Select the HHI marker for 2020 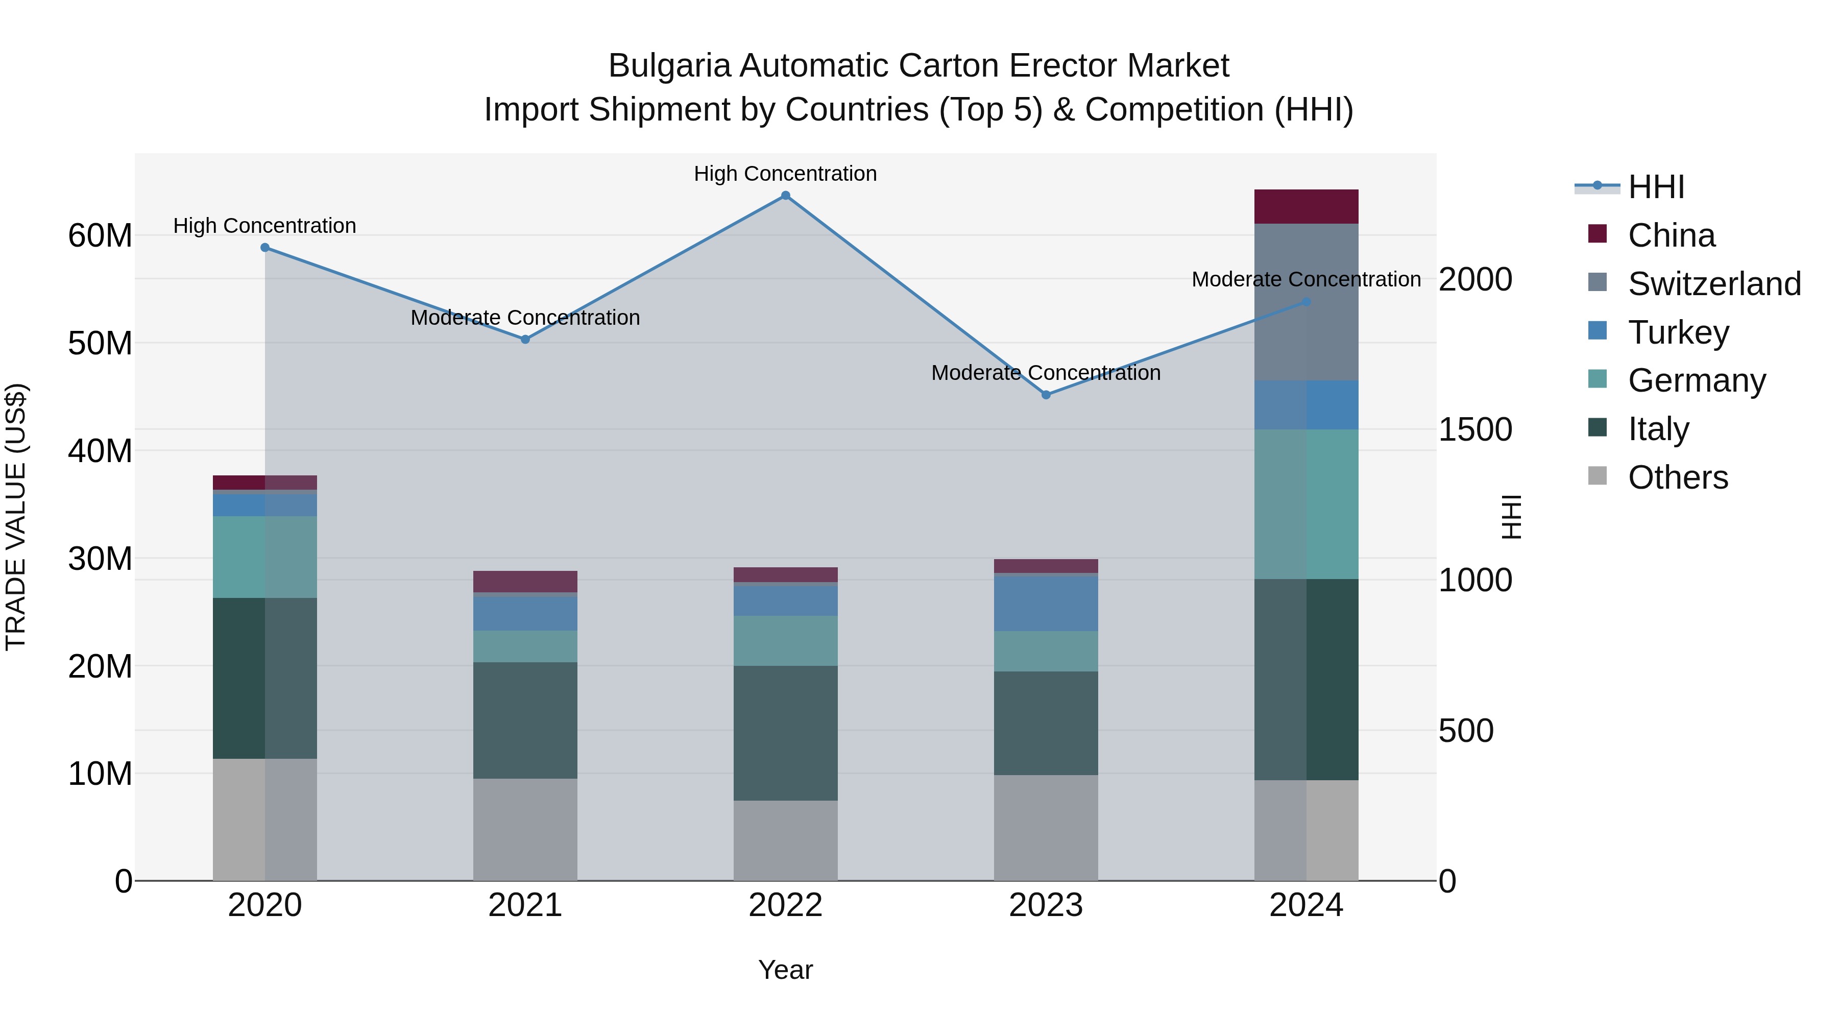pos(264,248)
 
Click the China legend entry pos(1671,235)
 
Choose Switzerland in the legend pos(1714,284)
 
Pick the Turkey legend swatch pos(1598,331)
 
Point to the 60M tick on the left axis pos(100,235)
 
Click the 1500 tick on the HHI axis pos(1475,429)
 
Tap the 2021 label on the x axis pos(525,905)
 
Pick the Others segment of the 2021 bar pos(525,829)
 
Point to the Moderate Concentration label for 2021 pos(525,318)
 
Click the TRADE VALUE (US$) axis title pos(16,517)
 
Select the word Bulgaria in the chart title pos(669,66)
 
